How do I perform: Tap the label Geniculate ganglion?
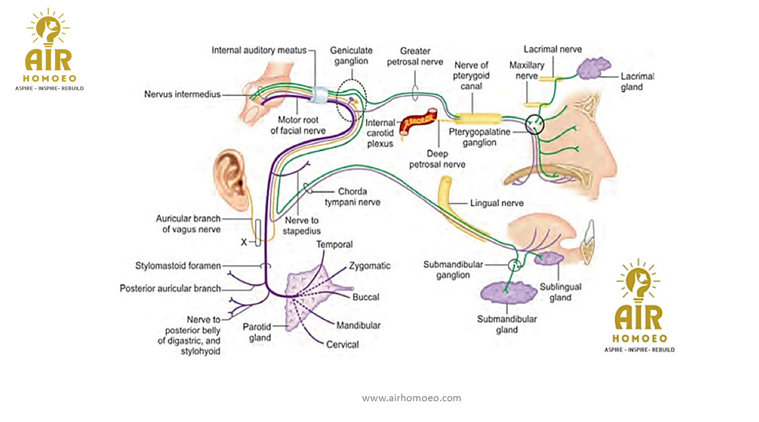351,56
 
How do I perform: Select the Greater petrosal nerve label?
415,56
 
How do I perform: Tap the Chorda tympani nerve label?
353,197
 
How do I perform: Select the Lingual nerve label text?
497,203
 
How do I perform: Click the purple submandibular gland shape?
508,292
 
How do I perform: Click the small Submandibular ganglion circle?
514,265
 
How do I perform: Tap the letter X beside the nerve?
244,242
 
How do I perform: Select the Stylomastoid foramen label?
178,266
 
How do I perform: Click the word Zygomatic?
370,266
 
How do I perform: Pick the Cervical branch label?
343,345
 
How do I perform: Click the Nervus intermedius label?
182,94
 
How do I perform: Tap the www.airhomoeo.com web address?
411,398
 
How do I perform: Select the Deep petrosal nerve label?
437,159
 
